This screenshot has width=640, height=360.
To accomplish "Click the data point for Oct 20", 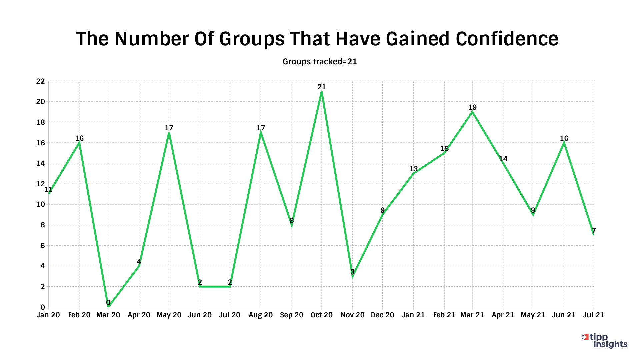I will (321, 91).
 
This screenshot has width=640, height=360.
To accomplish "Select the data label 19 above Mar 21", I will (472, 107).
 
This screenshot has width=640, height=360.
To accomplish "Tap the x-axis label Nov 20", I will (352, 315).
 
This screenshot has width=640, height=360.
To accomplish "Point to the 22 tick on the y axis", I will (40, 81).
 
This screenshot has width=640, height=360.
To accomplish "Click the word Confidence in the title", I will (507, 39).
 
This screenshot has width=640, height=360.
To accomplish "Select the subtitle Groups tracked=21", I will (320, 62).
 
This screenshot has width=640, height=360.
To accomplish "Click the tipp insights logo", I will (605, 341).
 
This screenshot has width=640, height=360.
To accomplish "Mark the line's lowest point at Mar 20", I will (108, 307).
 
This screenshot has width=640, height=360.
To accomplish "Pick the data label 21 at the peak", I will (321, 87).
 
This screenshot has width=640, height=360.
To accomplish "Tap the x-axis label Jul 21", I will (594, 315).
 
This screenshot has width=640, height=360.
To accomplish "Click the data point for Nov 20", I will (352, 276).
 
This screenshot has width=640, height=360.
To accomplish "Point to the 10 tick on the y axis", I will (40, 204).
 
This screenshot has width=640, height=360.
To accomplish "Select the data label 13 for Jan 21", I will (413, 169).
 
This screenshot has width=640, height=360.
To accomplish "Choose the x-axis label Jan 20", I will (48, 315).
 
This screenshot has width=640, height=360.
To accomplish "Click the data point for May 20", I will (169, 133).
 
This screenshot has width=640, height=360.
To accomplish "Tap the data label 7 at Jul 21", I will (594, 231).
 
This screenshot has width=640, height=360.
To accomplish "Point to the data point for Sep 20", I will (292, 225).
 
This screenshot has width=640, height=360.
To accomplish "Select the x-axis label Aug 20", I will (261, 315).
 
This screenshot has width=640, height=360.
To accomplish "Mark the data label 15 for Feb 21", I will (444, 149).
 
